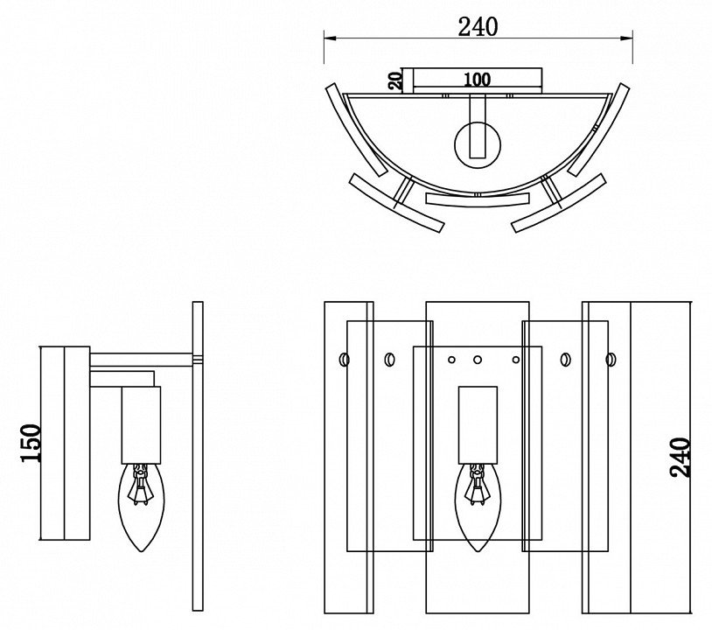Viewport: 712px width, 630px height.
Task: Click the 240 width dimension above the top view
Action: click(x=478, y=27)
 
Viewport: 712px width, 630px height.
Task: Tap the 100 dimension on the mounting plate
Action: click(x=477, y=80)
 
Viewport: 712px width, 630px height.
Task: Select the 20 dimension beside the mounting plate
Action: click(x=395, y=80)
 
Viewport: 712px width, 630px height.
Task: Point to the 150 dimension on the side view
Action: click(x=31, y=443)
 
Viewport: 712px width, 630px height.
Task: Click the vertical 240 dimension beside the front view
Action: click(x=681, y=458)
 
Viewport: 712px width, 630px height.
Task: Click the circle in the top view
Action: click(x=478, y=145)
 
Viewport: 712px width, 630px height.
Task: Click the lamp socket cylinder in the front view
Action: click(x=478, y=425)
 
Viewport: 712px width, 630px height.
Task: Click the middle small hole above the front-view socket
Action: click(x=478, y=360)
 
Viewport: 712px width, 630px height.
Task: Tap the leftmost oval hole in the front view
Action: click(x=345, y=360)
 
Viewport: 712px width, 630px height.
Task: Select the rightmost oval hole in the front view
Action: click(x=611, y=360)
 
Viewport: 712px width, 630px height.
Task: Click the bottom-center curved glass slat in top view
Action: click(x=478, y=199)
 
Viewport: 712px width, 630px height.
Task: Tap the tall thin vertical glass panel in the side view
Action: click(x=198, y=456)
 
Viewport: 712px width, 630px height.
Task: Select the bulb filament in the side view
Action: click(x=140, y=484)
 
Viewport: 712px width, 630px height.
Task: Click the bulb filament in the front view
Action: click(x=477, y=484)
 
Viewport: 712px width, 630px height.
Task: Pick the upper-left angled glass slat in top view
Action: click(x=357, y=129)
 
